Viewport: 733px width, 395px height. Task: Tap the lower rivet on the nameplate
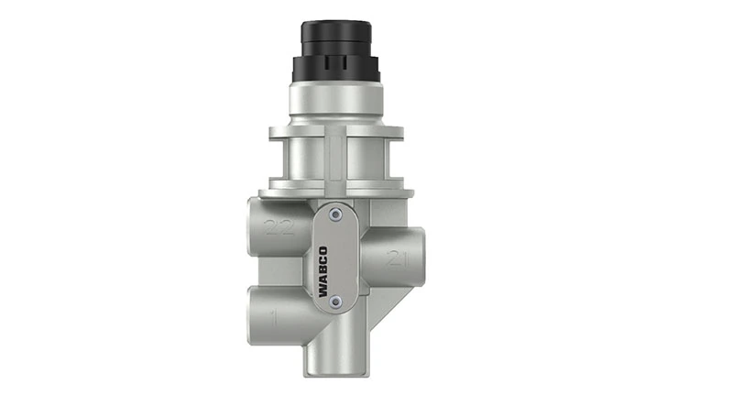[335, 302]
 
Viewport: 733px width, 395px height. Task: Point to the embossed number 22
[278, 227]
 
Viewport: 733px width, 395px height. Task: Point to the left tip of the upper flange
[273, 135]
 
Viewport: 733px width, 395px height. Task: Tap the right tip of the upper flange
[403, 135]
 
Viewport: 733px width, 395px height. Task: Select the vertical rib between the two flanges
[339, 160]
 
